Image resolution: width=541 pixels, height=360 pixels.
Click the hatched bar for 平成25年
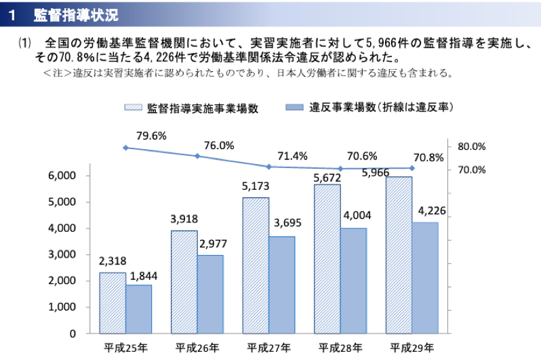pyautogui.click(x=113, y=302)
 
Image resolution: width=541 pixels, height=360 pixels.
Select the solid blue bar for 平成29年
pyautogui.click(x=425, y=277)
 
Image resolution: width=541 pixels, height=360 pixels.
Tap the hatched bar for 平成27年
pyautogui.click(x=256, y=265)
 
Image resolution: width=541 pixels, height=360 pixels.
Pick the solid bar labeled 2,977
pyautogui.click(x=210, y=294)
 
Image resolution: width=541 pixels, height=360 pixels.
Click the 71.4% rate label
pyautogui.click(x=293, y=156)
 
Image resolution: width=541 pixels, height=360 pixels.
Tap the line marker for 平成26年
pyautogui.click(x=197, y=156)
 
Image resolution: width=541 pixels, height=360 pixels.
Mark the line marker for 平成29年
pyautogui.click(x=412, y=167)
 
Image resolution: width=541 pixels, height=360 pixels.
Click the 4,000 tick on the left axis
pyautogui.click(x=62, y=228)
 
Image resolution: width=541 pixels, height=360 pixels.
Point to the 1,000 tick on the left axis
pyautogui.click(x=62, y=307)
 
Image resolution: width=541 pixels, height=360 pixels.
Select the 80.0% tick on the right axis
pyautogui.click(x=472, y=146)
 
